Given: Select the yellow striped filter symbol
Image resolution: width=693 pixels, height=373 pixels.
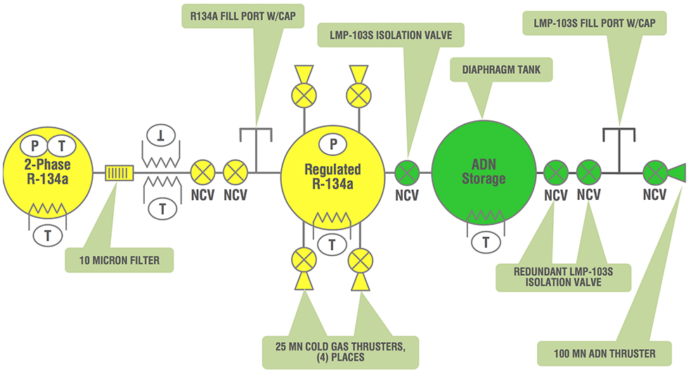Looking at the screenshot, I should (117, 171).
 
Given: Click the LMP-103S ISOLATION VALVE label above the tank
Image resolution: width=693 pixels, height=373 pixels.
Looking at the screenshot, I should (393, 33).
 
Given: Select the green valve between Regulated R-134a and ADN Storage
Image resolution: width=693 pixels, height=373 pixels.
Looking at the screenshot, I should (408, 171).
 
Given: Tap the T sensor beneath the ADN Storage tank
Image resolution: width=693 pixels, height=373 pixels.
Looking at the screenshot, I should (486, 243).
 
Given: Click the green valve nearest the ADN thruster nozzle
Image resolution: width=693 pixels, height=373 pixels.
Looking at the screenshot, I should (654, 171).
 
